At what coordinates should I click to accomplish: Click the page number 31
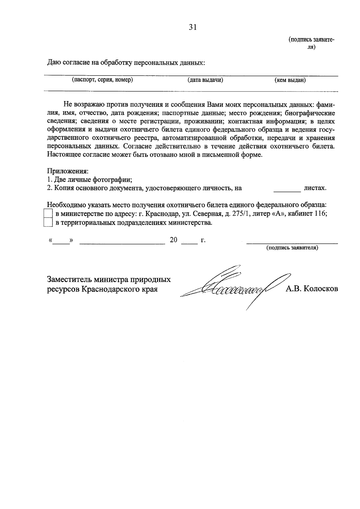tap(192, 27)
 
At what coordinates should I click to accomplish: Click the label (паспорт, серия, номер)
tap(102, 80)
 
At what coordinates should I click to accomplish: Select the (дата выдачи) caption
tap(205, 80)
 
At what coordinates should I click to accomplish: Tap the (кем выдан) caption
tap(290, 80)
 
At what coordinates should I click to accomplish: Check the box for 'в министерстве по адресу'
tap(48, 214)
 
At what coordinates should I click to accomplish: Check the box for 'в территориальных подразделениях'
tap(48, 223)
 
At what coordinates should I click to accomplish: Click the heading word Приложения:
tap(68, 171)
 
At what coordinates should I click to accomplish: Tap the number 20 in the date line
tap(173, 240)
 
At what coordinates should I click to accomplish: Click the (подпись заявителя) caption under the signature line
tap(292, 248)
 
